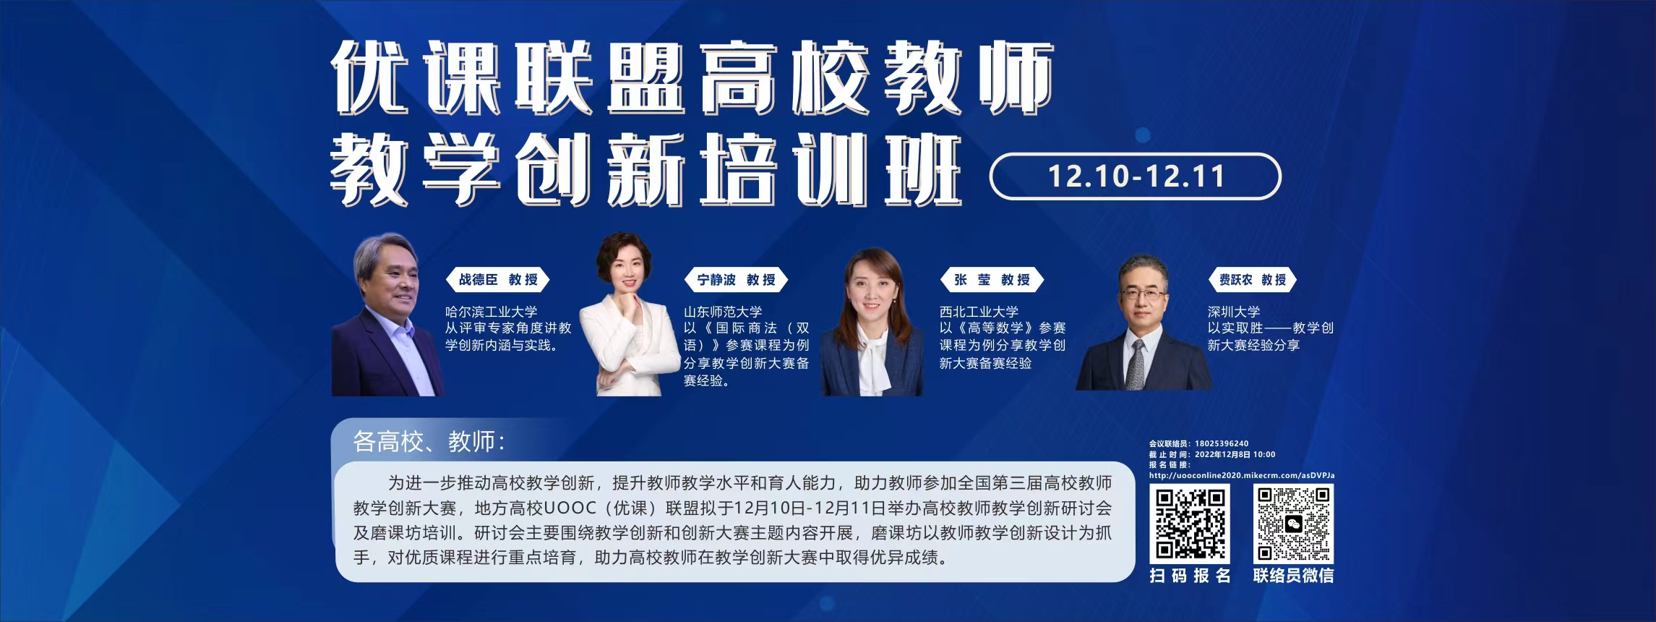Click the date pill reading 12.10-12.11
tap(1135, 176)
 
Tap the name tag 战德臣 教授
tap(498, 280)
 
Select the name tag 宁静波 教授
tap(736, 280)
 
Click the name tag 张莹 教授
tap(992, 280)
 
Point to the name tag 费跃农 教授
tap(1253, 280)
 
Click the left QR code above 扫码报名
tap(1190, 524)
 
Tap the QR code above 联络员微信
tap(1293, 524)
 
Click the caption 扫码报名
tap(1190, 576)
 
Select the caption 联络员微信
tap(1293, 576)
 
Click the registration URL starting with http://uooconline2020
tap(1242, 475)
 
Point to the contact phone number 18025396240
tap(1222, 443)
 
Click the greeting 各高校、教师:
tap(429, 441)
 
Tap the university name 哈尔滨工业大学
tap(491, 312)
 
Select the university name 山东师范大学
tap(723, 312)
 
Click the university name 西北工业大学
tap(979, 312)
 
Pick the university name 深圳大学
tap(1234, 312)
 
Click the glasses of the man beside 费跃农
tap(1144, 294)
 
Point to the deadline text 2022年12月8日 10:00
tap(1235, 455)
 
